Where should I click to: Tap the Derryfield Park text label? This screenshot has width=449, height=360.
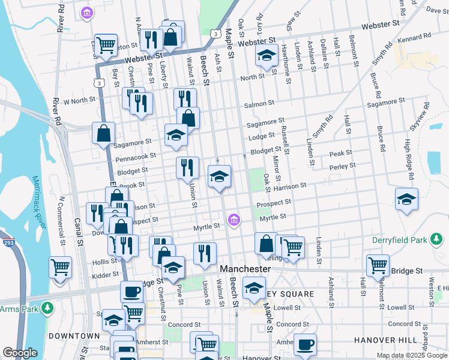403,241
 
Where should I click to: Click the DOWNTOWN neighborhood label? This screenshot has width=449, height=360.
73,335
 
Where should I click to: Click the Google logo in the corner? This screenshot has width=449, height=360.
20,353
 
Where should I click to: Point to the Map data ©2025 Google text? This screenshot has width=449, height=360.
412,355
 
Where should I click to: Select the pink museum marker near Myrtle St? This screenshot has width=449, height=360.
235,220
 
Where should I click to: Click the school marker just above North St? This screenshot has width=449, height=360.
265,57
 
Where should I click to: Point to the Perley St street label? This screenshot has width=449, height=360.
343,166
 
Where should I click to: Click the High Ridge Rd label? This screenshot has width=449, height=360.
408,159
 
